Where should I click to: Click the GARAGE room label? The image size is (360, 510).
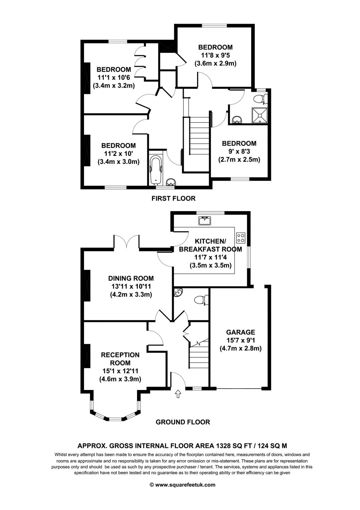tap(241, 332)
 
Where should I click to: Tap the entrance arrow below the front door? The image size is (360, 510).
tap(177, 394)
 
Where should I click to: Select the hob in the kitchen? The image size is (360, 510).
tap(241, 237)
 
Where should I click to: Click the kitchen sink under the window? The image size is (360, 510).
tap(205, 221)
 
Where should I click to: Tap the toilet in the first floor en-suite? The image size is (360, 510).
tap(260, 99)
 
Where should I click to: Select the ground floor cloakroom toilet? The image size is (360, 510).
tap(201, 300)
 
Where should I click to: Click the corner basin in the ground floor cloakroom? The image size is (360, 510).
tap(178, 292)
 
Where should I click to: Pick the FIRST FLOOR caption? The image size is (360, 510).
tap(173, 198)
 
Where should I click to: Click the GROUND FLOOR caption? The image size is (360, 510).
tap(183, 422)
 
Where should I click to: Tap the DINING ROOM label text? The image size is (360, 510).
tap(131, 278)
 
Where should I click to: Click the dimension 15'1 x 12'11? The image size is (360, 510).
tap(120, 371)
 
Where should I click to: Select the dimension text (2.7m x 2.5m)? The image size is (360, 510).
tap(239, 159)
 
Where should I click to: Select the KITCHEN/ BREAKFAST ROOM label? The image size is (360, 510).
tap(210, 245)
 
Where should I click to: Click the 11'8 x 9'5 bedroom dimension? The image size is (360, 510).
tap(215, 55)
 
